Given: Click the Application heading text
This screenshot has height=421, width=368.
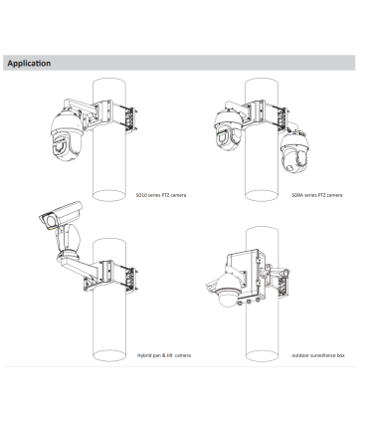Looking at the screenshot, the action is [29, 63].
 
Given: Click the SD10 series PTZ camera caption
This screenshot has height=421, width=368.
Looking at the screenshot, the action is [161, 195].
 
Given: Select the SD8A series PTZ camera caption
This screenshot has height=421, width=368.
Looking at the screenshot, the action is [317, 195].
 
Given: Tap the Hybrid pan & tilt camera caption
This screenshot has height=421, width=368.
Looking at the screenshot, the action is [164, 355].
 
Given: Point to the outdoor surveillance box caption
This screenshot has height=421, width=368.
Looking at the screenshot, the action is [318, 355].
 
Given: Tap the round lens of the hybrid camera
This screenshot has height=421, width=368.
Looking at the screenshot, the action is [50, 221].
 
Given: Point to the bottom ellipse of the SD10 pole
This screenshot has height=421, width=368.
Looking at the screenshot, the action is [109, 195].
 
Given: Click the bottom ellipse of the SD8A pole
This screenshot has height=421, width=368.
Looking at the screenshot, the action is [262, 195].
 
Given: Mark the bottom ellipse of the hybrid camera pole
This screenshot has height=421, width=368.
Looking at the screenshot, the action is [109, 355].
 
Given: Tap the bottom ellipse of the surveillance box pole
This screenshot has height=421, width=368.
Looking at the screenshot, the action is [263, 355].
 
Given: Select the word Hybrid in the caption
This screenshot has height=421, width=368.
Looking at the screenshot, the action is [144, 355].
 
